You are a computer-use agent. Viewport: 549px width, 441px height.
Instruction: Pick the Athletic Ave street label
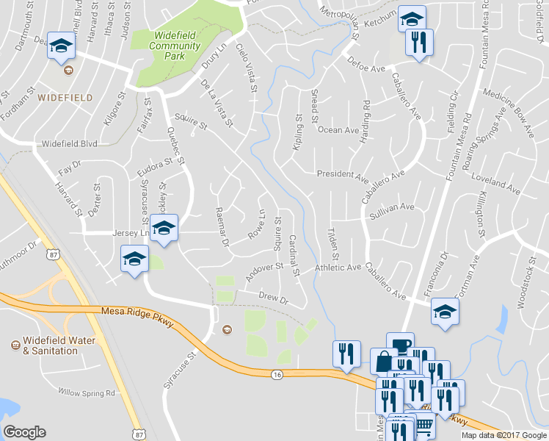[338, 268]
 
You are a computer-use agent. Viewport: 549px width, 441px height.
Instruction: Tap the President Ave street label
[342, 175]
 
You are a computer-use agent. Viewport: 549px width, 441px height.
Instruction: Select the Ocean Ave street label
[338, 130]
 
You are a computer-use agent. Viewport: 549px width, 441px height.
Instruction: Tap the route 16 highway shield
[277, 375]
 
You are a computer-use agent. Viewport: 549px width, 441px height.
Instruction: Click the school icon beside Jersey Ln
[165, 228]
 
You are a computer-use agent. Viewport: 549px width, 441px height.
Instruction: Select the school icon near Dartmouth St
[61, 45]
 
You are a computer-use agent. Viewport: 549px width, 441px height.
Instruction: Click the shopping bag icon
[384, 360]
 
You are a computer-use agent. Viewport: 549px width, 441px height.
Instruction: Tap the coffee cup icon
[400, 345]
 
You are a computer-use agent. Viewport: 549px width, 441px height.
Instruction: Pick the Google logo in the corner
[24, 432]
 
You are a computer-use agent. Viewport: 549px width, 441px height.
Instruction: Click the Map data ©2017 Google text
[504, 435]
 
